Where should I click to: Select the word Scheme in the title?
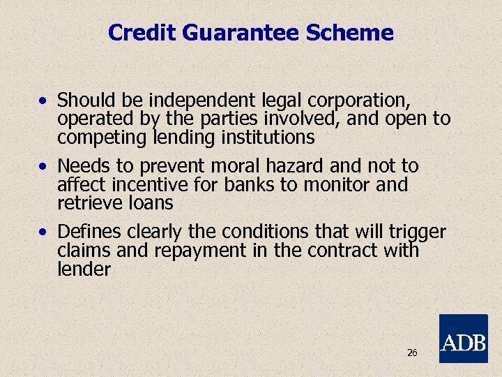click(359, 33)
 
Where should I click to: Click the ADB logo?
click(463, 339)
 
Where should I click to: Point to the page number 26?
click(412, 353)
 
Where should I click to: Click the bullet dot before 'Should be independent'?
click(44, 101)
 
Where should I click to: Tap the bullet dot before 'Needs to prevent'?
click(44, 166)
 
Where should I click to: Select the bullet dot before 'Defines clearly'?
click(44, 232)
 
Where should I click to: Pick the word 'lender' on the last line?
click(84, 269)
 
